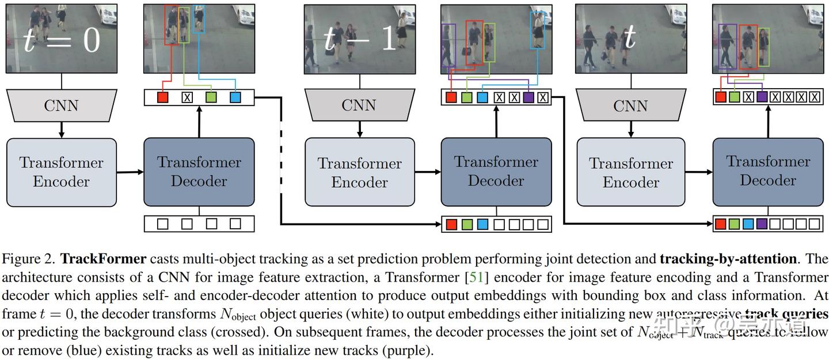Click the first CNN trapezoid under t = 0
coord(61,105)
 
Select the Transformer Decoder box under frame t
coord(767,170)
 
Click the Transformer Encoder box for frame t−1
coord(359,172)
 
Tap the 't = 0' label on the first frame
coord(62,40)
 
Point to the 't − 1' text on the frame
coord(359,39)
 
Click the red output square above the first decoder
coord(162,97)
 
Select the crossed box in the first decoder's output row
coord(187,97)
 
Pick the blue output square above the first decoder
coord(235,97)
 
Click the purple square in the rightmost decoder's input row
coord(762,223)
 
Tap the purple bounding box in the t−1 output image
coord(448,45)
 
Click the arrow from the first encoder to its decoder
coord(130,172)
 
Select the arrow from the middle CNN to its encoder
coord(359,130)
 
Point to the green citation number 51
coord(477,278)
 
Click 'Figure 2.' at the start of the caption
coord(28,259)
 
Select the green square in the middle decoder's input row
coord(467,224)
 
